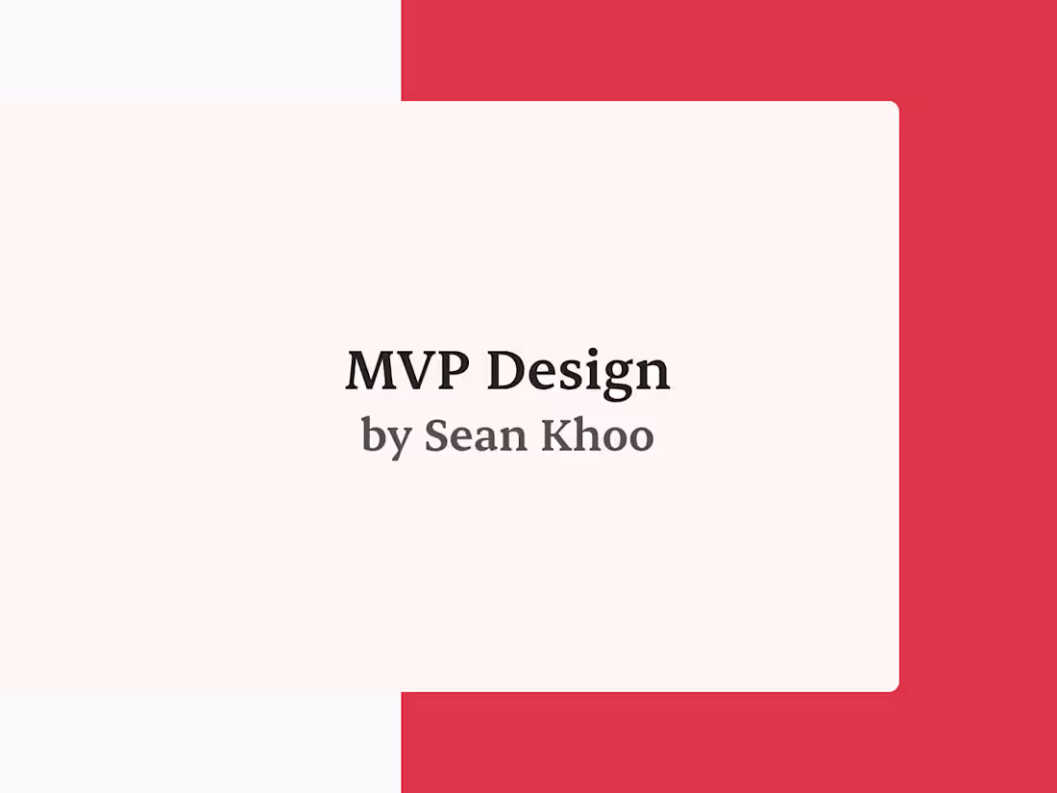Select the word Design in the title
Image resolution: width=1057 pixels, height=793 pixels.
click(x=578, y=372)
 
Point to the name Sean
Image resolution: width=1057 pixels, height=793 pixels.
click(x=476, y=435)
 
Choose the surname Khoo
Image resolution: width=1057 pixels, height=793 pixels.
click(x=597, y=435)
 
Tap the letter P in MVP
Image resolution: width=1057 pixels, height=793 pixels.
click(x=455, y=370)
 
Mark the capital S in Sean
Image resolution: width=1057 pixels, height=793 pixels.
click(x=437, y=435)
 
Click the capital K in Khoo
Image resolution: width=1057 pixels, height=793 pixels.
click(x=557, y=435)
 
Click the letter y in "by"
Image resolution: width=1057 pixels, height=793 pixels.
click(x=399, y=441)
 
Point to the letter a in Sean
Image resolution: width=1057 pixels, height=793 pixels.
click(x=486, y=438)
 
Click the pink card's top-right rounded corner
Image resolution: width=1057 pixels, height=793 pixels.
click(x=894, y=107)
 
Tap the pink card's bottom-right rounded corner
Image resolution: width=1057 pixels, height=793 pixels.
click(x=894, y=686)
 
